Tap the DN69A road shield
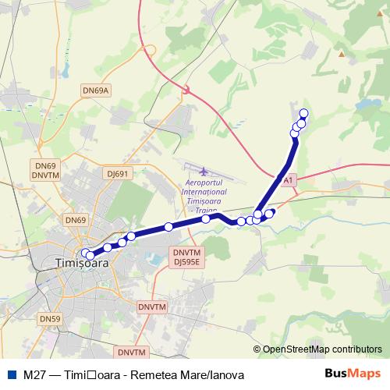pos(97,90)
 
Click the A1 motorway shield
pos(289,181)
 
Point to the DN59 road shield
pos(49,318)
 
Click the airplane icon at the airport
pos(204,171)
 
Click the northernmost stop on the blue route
pos(303,114)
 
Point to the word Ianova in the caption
pos(226,375)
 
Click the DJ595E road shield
pos(187,262)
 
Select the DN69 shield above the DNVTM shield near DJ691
pos(45,166)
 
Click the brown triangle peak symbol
pos(341,54)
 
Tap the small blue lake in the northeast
pos(364,102)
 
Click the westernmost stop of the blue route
pos(85,253)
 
